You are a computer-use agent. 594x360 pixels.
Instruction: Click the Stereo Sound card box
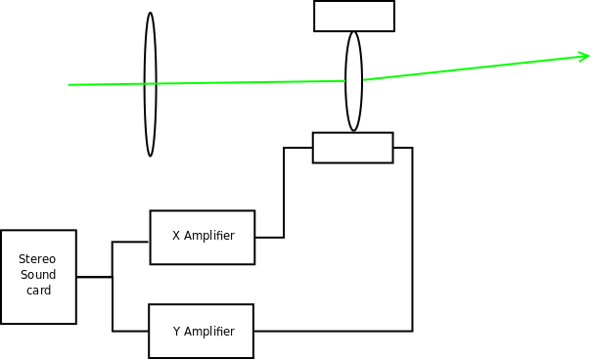pyautogui.click(x=38, y=277)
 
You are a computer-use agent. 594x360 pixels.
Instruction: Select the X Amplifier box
pyautogui.click(x=203, y=238)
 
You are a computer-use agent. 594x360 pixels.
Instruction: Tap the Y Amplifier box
pyautogui.click(x=202, y=331)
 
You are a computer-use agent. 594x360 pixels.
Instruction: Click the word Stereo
pyautogui.click(x=37, y=259)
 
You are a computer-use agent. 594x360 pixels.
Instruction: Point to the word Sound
pyautogui.click(x=38, y=275)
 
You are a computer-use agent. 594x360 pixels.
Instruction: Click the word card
pyautogui.click(x=38, y=291)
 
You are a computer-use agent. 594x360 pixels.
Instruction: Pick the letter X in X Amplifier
pyautogui.click(x=176, y=236)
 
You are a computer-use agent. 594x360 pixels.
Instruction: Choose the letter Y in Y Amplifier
pyautogui.click(x=176, y=332)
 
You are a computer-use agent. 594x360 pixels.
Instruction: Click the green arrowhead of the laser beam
pyautogui.click(x=584, y=57)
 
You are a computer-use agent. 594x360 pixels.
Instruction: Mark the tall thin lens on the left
pyautogui.click(x=151, y=84)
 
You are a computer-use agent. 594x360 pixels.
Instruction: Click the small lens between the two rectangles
pyautogui.click(x=354, y=81)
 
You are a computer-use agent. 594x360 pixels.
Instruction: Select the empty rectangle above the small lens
pyautogui.click(x=354, y=16)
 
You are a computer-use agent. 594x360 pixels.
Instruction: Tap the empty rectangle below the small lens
pyautogui.click(x=353, y=148)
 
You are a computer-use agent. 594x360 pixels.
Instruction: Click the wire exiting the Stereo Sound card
pyautogui.click(x=94, y=277)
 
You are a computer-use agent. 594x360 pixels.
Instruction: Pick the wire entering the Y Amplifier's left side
pyautogui.click(x=113, y=306)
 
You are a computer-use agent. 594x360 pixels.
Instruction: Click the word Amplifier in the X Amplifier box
pyautogui.click(x=209, y=236)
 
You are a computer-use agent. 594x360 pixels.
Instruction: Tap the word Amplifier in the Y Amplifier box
pyautogui.click(x=209, y=332)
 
